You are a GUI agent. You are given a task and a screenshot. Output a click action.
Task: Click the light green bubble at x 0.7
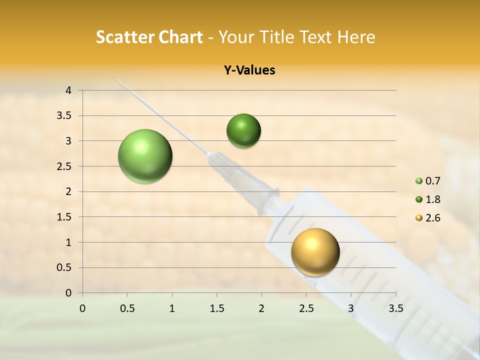pos(145,156)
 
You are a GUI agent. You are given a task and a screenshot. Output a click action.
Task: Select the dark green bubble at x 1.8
pos(243,131)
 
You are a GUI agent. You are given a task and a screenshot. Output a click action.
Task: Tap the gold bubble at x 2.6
pos(315,252)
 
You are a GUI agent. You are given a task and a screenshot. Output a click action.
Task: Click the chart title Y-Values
pos(249,70)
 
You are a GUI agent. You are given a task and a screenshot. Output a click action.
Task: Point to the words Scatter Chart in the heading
pos(149,37)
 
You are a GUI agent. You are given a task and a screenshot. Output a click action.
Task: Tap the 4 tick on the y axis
pos(69,90)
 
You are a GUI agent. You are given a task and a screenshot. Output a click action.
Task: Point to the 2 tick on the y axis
pos(69,191)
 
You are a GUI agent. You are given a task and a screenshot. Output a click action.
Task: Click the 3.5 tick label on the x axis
pos(395,308)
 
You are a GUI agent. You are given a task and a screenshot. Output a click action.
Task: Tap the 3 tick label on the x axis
pos(351,308)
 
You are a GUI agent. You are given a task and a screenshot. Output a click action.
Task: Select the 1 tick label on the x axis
pos(172,308)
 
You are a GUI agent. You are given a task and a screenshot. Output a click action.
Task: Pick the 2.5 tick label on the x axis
pos(306,308)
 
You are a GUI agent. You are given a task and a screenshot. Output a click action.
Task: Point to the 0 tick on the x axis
pos(82,308)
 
